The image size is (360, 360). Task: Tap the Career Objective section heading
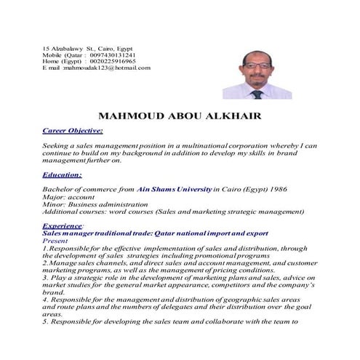[73, 131]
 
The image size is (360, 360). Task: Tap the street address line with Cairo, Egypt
[87, 48]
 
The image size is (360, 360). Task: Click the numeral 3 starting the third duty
[44, 277]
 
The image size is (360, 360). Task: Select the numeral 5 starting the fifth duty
[44, 321]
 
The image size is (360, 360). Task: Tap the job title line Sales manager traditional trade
[140, 233]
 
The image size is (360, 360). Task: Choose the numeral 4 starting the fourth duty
[44, 299]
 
